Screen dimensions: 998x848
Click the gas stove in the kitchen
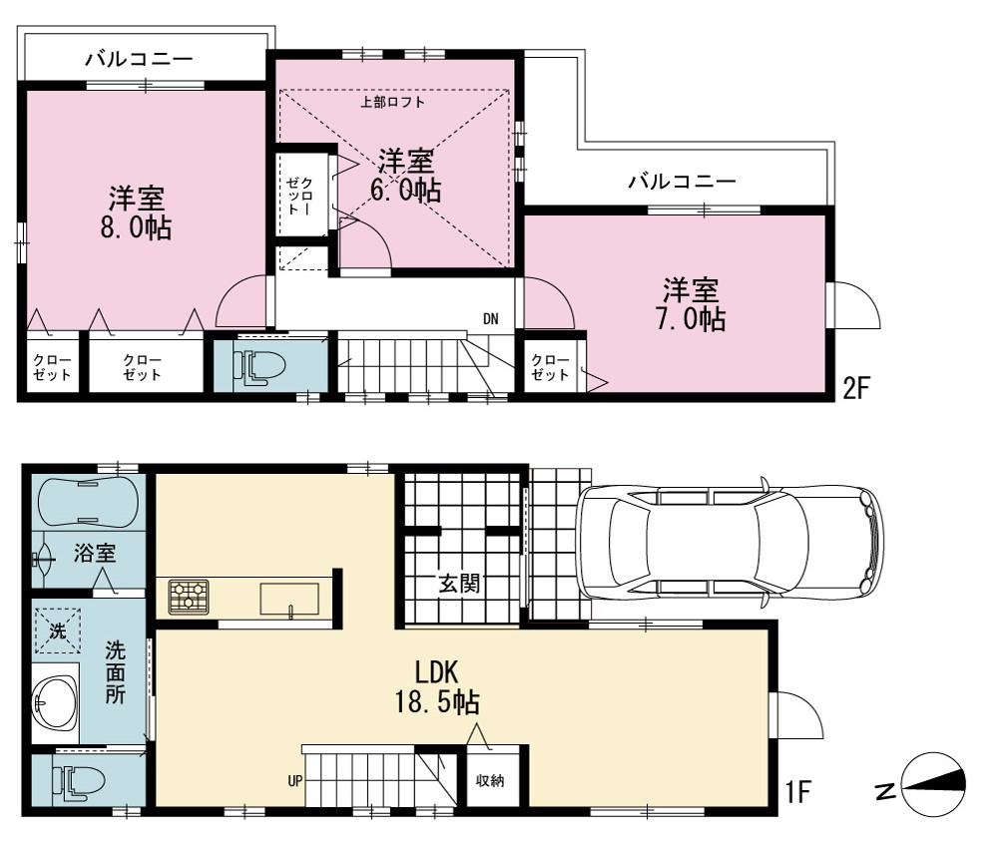click(189, 598)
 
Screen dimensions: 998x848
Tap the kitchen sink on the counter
click(289, 600)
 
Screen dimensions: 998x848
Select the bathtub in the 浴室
click(87, 503)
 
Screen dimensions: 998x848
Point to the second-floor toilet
click(258, 368)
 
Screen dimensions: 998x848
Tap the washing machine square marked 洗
click(57, 632)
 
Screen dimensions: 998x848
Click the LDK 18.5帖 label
click(437, 687)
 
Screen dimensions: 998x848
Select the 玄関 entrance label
click(459, 584)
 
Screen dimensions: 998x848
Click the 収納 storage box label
click(490, 780)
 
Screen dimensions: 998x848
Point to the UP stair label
click(295, 780)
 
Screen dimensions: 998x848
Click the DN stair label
click(491, 318)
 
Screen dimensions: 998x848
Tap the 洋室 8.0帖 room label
click(136, 212)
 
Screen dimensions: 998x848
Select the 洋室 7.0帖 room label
click(691, 304)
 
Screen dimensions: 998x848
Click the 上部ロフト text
click(392, 102)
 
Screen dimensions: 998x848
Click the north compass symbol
click(934, 786)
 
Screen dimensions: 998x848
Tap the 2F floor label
click(856, 387)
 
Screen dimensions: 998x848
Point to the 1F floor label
click(796, 792)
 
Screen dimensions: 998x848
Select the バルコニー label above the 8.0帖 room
click(140, 59)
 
